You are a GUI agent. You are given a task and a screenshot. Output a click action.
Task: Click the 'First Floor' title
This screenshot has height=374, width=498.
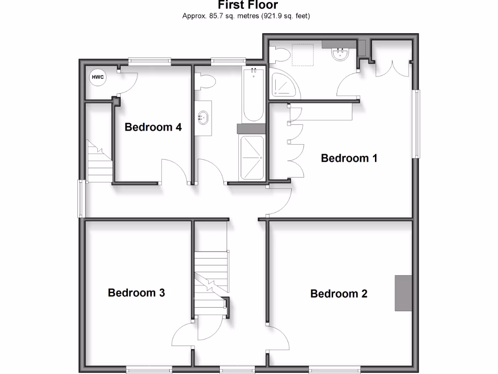coord(248,5)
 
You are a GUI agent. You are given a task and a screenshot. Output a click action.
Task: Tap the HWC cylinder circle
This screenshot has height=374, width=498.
coord(97,77)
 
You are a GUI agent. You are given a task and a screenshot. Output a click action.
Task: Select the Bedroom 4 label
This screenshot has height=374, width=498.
coord(153,127)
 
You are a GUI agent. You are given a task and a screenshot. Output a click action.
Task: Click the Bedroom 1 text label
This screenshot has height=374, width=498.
coord(349,158)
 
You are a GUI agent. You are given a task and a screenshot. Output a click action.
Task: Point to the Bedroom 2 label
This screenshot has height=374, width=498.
coord(338,294)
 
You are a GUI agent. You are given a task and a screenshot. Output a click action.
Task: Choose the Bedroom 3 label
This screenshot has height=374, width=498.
coord(136,293)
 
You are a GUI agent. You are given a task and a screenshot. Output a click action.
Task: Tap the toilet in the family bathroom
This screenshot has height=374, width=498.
coord(205,82)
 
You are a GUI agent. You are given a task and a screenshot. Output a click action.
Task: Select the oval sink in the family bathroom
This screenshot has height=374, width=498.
coord(203,117)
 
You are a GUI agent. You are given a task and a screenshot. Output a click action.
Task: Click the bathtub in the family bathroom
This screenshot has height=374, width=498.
coord(253,95)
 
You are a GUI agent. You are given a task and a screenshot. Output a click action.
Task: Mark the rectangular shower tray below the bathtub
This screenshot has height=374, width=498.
coord(252,157)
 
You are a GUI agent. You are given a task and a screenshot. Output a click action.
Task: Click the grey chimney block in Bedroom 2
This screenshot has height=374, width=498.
coord(403,293)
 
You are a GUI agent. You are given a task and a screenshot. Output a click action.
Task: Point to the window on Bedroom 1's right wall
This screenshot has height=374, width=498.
coord(416,124)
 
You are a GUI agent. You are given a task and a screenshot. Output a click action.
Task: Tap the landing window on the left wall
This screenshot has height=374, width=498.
coord(81,199)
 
